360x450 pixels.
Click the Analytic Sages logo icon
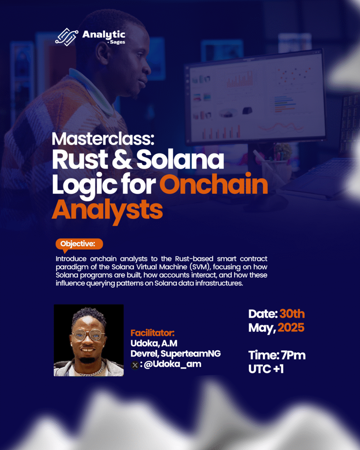pos(67,37)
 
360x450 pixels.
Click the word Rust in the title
pos(80,160)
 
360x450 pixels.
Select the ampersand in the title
pos(122,160)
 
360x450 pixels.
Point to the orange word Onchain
pos(214,185)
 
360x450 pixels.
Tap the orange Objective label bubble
pos(79,244)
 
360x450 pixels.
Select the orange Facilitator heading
pos(153,333)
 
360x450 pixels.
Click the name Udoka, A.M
pos(154,343)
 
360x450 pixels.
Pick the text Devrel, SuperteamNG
pos(176,354)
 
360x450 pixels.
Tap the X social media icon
pos(135,365)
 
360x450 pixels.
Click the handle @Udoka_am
pos(172,364)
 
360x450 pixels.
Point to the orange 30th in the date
pos(292,314)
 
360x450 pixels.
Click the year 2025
pos(291,328)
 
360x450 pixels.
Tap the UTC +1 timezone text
pos(266,369)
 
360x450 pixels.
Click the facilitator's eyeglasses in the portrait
pos(88,334)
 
